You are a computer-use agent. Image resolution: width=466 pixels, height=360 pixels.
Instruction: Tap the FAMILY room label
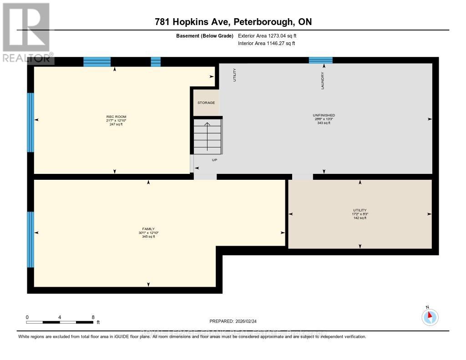click(x=148, y=229)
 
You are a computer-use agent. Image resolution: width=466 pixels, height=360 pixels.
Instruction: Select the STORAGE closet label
click(x=206, y=103)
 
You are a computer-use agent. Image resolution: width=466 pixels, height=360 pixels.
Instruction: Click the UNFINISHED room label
click(x=324, y=115)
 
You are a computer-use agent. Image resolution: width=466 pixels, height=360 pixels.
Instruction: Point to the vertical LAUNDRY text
click(x=323, y=81)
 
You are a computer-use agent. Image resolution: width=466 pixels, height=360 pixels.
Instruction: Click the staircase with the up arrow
click(x=207, y=136)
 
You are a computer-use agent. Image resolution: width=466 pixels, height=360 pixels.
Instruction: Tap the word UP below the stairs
click(x=214, y=160)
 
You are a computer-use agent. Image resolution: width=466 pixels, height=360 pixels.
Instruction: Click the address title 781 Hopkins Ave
click(x=233, y=22)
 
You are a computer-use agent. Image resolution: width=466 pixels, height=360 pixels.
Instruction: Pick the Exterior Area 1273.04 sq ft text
click(x=267, y=35)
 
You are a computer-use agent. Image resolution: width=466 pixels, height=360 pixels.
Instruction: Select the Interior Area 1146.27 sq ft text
click(x=266, y=44)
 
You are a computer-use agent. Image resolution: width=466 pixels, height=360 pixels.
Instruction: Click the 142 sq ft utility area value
click(x=360, y=218)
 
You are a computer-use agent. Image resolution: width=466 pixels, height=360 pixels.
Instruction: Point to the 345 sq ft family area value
click(x=148, y=237)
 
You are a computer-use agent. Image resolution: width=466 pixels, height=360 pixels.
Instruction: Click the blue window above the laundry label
click(x=321, y=60)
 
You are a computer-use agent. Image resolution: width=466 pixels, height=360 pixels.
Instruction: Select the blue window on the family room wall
click(x=30, y=239)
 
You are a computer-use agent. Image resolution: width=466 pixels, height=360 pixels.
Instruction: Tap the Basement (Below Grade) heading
click(x=205, y=35)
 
